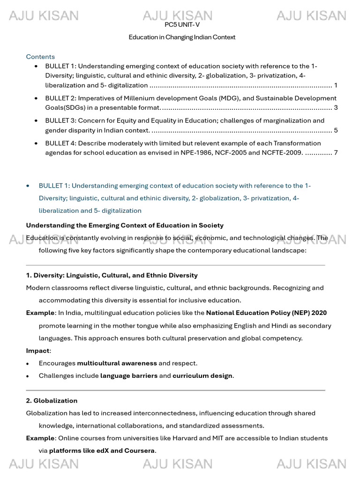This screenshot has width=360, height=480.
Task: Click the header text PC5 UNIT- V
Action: (182, 25)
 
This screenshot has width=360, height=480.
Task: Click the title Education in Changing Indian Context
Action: (182, 37)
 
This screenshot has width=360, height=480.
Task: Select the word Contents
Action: (40, 57)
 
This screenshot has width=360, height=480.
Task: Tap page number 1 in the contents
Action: (336, 85)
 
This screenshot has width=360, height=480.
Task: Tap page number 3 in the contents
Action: (336, 108)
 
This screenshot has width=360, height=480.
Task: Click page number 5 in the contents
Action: (336, 130)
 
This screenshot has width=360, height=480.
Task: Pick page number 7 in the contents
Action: (336, 153)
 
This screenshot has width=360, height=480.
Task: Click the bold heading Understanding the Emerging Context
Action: (125, 225)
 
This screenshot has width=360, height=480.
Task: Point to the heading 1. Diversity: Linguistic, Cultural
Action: (112, 275)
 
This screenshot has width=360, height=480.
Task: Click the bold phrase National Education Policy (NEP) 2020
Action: (266, 313)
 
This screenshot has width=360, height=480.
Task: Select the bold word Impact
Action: (37, 351)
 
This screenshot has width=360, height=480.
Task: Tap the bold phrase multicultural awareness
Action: (117, 363)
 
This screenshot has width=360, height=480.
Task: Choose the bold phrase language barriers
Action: (129, 376)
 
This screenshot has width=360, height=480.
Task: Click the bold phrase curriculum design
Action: (202, 376)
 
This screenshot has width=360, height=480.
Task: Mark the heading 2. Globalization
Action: (52, 401)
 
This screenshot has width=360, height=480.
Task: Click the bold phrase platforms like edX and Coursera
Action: (102, 451)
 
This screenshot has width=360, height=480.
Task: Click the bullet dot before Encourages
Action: (28, 364)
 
